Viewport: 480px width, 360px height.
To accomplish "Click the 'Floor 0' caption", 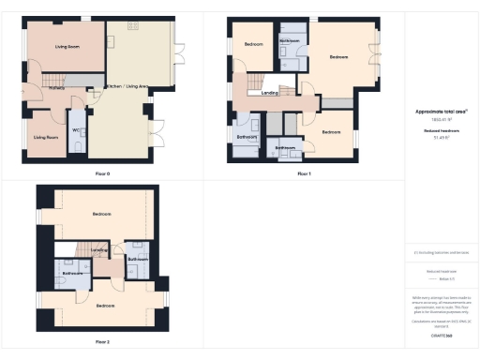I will [102, 173].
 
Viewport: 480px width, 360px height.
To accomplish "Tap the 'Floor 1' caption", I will [304, 173].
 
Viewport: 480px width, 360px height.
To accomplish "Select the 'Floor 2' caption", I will [102, 341].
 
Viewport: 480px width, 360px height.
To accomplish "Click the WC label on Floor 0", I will [75, 129].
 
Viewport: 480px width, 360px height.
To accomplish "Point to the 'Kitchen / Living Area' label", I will [127, 87].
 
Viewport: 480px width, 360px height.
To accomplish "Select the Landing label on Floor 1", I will [269, 92].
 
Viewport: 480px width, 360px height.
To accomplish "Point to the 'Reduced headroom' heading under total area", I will [441, 131].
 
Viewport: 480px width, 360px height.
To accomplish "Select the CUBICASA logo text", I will [441, 335].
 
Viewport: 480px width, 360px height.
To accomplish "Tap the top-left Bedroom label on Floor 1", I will [253, 45].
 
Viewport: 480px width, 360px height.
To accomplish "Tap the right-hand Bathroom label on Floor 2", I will [138, 259].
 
